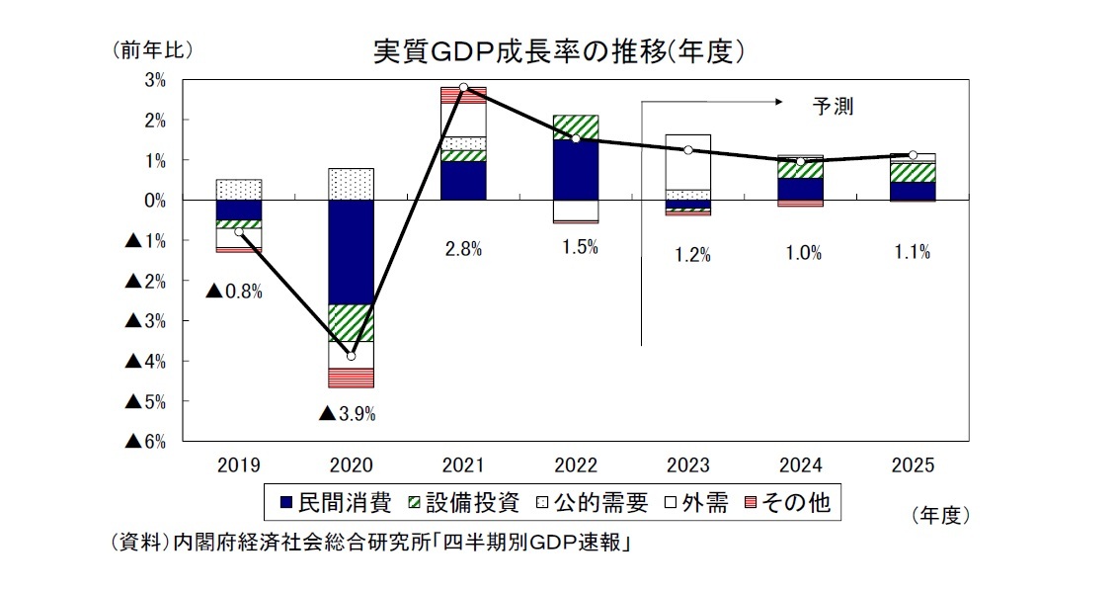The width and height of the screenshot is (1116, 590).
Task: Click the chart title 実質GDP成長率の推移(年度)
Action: (558, 50)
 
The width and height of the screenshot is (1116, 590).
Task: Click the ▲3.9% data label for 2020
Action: (347, 414)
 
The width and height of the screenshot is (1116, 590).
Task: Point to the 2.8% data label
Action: (462, 250)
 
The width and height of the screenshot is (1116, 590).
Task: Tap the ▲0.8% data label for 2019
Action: (234, 292)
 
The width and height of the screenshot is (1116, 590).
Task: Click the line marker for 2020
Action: (351, 356)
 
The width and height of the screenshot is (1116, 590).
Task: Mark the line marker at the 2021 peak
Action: (463, 87)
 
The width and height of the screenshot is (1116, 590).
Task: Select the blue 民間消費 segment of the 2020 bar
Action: (351, 252)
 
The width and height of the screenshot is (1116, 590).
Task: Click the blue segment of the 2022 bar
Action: (575, 169)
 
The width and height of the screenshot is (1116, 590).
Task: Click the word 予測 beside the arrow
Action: (832, 107)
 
